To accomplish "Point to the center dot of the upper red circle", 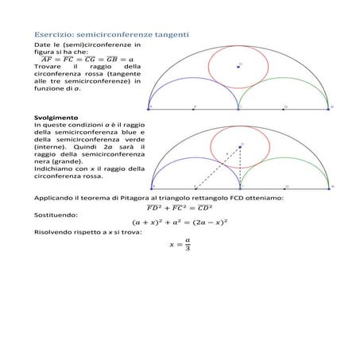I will coord(238,68).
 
